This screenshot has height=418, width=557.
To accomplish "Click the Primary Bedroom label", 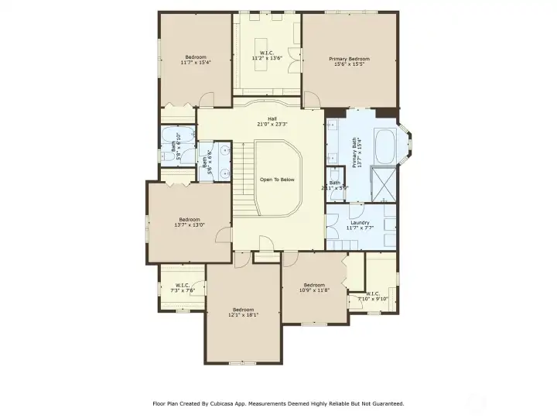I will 349,62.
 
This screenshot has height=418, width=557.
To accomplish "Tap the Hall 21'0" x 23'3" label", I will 272,122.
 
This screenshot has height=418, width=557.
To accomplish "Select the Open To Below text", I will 277,179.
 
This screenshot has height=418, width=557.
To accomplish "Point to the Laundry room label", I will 360,225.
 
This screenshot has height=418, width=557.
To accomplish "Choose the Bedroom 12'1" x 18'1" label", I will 243,313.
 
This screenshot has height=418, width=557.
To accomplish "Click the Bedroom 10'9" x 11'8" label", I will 314,287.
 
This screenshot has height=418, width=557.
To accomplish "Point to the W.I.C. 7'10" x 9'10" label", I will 372,296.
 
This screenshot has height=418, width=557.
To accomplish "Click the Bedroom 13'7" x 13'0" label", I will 190,222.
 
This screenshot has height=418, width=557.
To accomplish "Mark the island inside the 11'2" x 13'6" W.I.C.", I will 268,43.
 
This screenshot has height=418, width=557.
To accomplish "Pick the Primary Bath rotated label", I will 356,152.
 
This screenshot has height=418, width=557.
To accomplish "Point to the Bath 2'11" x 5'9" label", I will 335,185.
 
